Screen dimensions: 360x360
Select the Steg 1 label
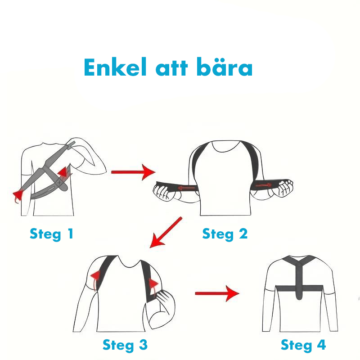51,234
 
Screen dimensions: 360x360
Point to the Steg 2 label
225,234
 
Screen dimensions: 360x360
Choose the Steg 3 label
125,345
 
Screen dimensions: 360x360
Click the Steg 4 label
303,345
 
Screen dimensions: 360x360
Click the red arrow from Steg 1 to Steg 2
132,172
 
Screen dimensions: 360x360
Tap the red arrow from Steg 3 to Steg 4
216,294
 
